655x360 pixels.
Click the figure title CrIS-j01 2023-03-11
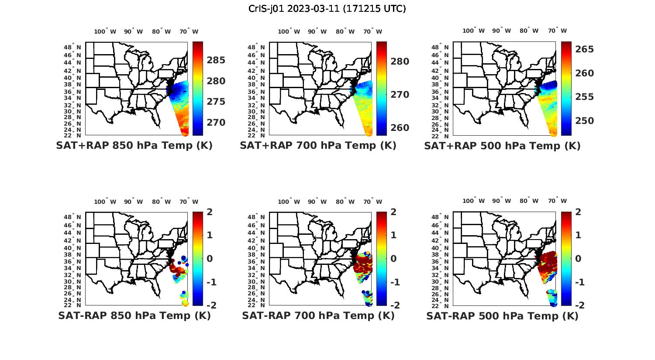point(327,8)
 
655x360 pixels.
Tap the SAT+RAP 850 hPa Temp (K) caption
point(134,145)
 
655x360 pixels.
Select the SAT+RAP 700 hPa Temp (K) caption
point(318,145)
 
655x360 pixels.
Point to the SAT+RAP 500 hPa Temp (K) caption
point(502,146)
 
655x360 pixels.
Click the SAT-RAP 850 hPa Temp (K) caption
point(134,315)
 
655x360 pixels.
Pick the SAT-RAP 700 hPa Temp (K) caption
point(318,315)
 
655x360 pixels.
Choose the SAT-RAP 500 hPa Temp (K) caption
point(502,316)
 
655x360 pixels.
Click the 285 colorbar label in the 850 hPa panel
point(216,60)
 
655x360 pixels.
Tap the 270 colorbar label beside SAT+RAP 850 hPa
point(216,123)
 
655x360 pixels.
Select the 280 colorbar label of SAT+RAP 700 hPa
point(400,62)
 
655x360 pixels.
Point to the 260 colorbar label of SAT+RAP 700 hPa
point(400,128)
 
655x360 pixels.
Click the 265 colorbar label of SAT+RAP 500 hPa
point(584,49)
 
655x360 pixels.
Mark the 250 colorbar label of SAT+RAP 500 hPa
point(584,121)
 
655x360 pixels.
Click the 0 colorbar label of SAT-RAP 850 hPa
point(210,258)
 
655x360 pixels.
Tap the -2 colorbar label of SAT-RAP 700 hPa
point(392,305)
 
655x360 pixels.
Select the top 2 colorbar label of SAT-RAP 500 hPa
point(578,212)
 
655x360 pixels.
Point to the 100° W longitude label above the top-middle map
point(289,31)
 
